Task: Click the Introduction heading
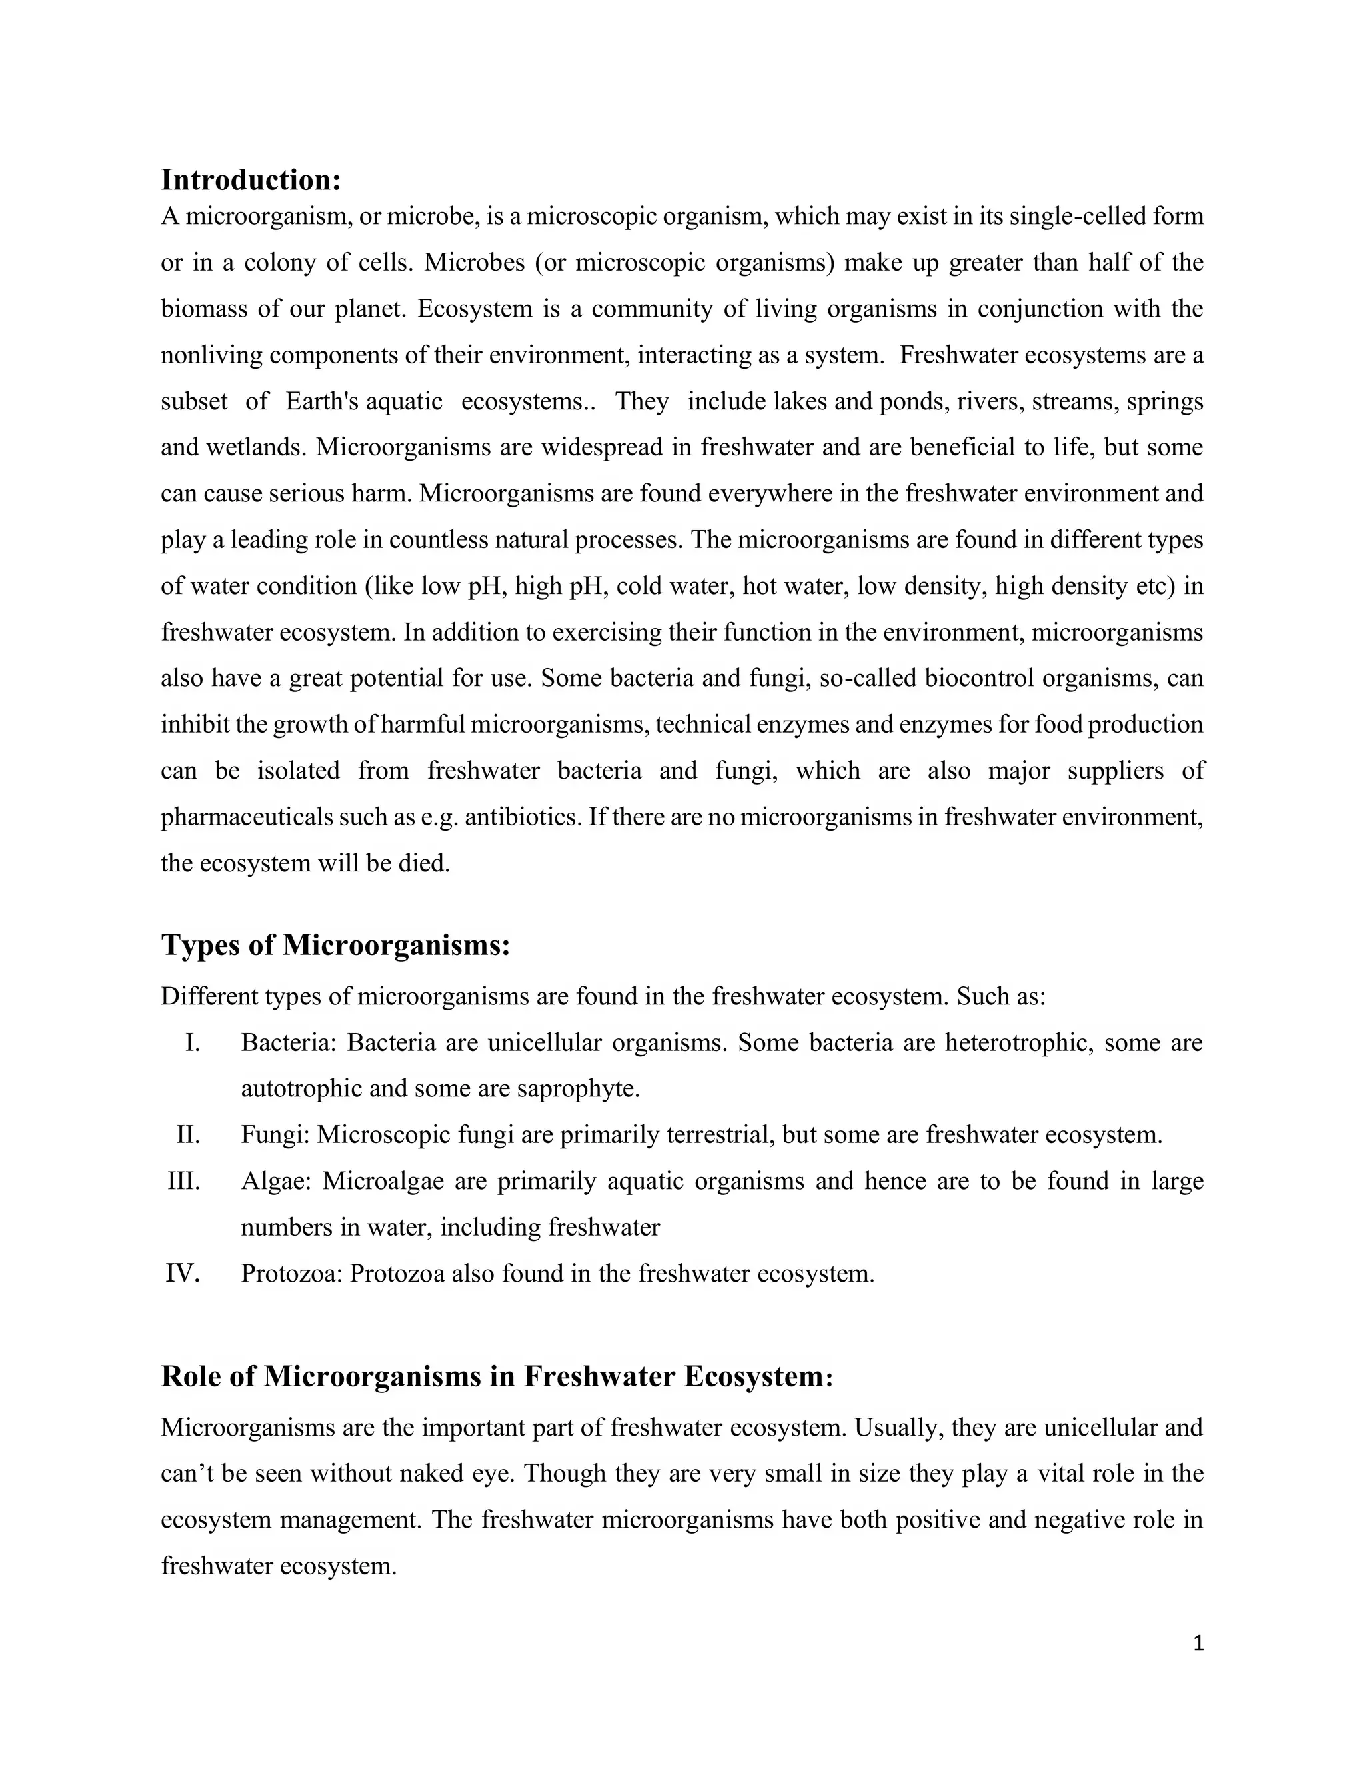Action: pos(251,179)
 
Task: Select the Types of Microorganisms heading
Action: pos(336,944)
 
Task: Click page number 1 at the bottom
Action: pos(1198,1643)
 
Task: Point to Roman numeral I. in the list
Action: pos(192,1043)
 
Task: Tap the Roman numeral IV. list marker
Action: pos(183,1274)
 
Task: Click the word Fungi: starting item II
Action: pos(275,1135)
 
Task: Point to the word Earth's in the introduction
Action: pos(323,402)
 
